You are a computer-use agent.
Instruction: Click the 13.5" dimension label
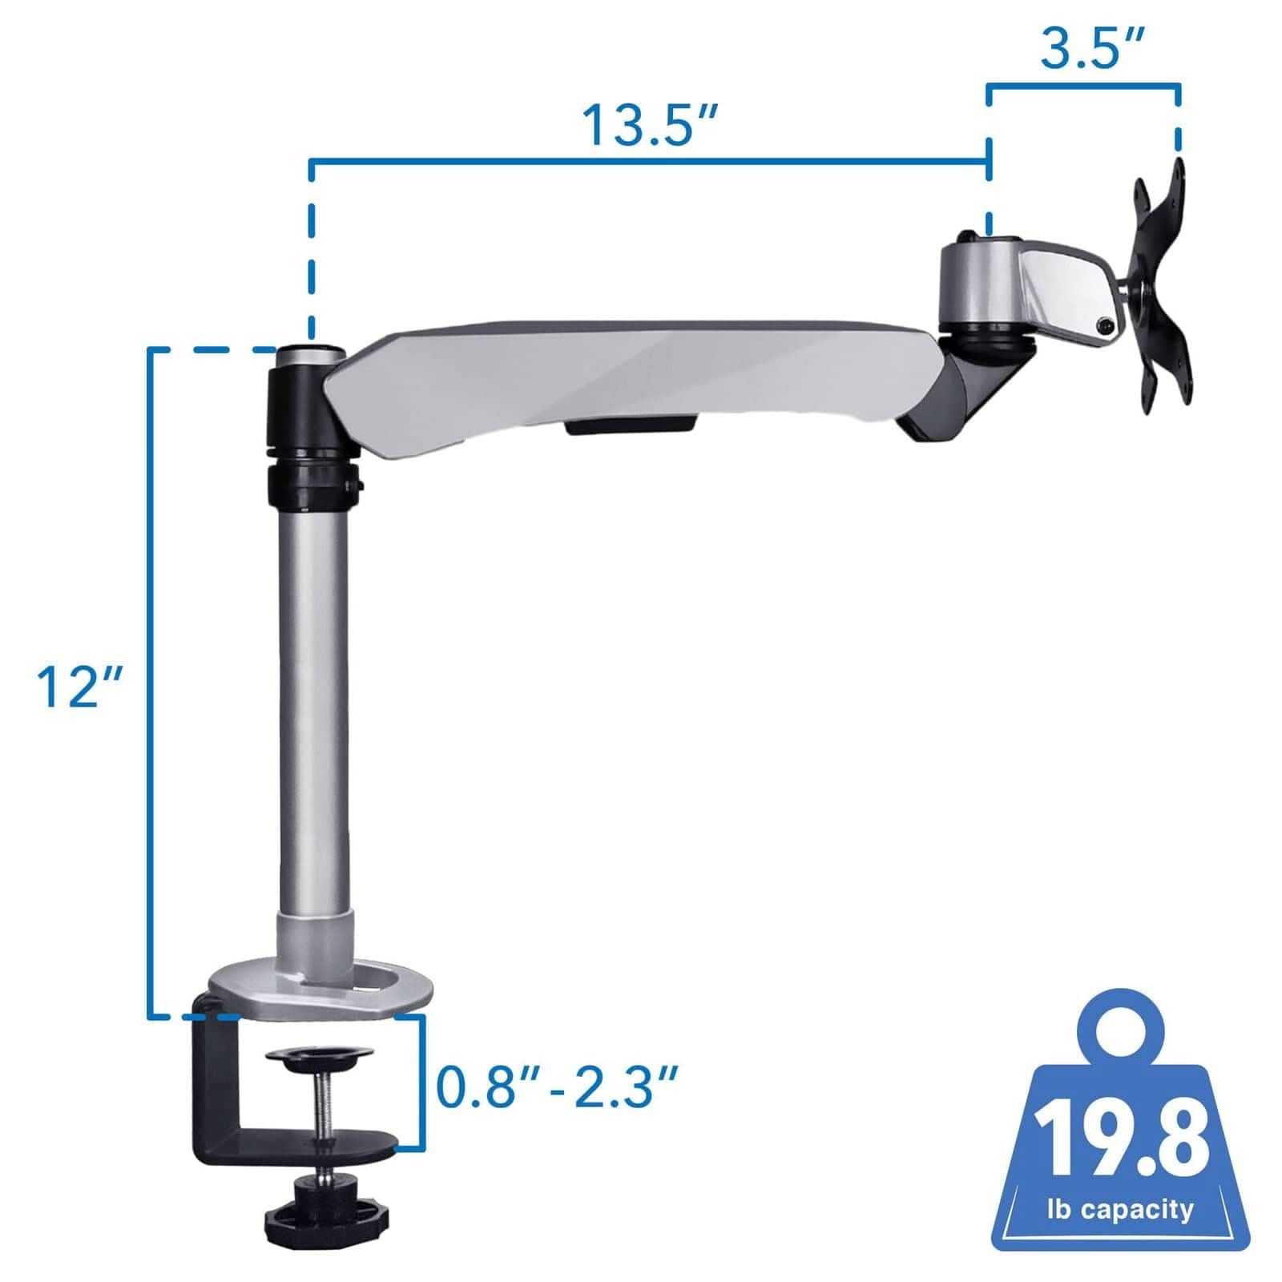(x=649, y=126)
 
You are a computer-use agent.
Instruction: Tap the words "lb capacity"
(x=1120, y=1208)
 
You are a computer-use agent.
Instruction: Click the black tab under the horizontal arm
(x=630, y=425)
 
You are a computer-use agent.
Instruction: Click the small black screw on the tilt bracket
(x=1107, y=325)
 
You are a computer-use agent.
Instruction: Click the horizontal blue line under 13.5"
(x=649, y=162)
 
